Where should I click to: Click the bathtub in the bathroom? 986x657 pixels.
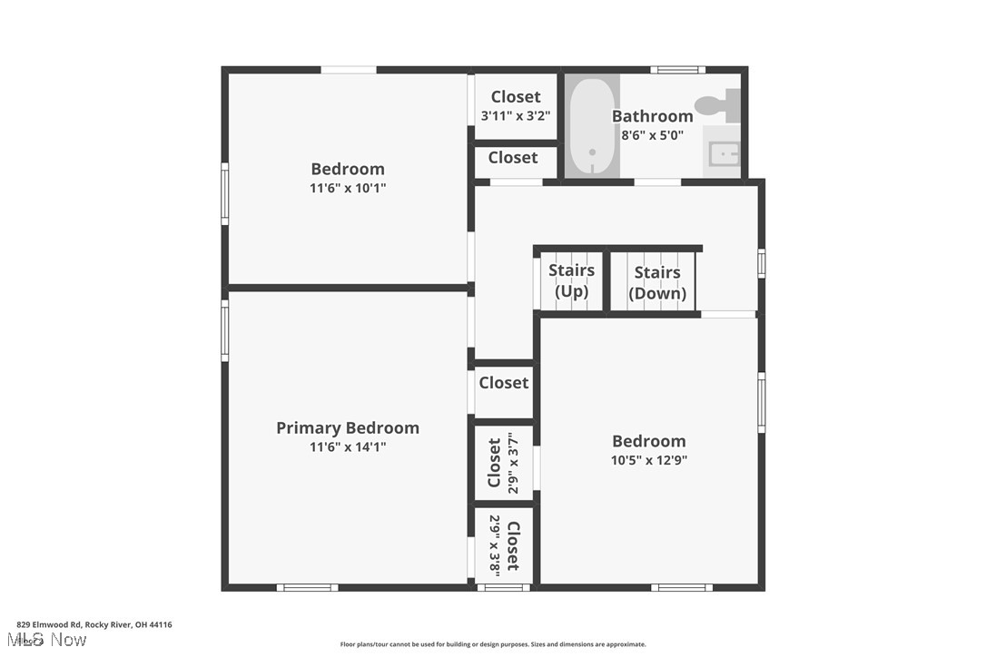click(592, 126)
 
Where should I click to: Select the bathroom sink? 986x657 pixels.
click(723, 154)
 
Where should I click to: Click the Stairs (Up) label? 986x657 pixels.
click(572, 280)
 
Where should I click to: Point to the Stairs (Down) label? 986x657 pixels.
click(657, 283)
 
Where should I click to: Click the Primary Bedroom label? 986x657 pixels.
click(348, 427)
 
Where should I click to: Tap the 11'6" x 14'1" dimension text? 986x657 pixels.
click(348, 446)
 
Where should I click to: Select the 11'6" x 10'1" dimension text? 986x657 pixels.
click(348, 188)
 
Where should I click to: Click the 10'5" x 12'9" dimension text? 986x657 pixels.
click(648, 460)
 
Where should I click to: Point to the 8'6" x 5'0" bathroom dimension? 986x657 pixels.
click(652, 135)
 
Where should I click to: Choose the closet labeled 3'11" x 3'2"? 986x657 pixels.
click(515, 105)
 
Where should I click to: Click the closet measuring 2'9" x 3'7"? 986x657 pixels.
click(504, 463)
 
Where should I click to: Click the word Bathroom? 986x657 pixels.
click(652, 115)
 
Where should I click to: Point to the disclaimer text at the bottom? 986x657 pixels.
click(493, 644)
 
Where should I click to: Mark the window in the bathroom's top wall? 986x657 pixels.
click(677, 70)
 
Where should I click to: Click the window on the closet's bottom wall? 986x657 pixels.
click(504, 587)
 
